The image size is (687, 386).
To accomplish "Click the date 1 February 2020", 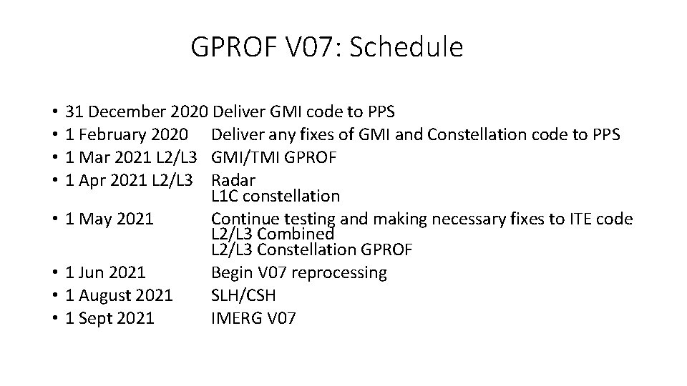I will pyautogui.click(x=127, y=135).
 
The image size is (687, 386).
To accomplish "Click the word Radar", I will pyautogui.click(x=233, y=180).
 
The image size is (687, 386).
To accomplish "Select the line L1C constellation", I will pyautogui.click(x=276, y=195).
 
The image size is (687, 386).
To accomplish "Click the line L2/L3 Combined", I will pyautogui.click(x=273, y=234).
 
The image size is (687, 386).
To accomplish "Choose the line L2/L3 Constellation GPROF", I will pyautogui.click(x=311, y=249).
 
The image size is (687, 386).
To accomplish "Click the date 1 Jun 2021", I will pyautogui.click(x=105, y=273).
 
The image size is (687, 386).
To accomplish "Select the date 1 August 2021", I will pyautogui.click(x=119, y=295).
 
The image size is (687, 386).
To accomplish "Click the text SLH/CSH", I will pyautogui.click(x=243, y=295).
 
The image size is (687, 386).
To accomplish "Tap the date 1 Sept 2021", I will pyautogui.click(x=109, y=318).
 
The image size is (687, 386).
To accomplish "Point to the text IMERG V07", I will pyautogui.click(x=253, y=318).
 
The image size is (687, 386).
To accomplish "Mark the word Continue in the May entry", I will pyautogui.click(x=240, y=219).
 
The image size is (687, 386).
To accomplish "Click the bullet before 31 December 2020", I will pyautogui.click(x=54, y=113).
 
